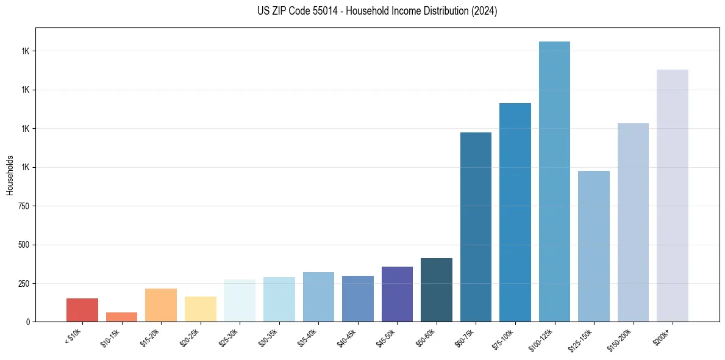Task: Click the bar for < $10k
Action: point(82,310)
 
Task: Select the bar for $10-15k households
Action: point(121,317)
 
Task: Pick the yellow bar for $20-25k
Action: point(200,309)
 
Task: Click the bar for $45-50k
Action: point(397,294)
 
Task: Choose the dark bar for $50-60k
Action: point(437,290)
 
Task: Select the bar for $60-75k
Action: point(476,227)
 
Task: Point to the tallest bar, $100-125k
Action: point(554,182)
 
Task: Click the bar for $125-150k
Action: point(594,246)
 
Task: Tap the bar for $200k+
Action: point(673,195)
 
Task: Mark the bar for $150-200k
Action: point(633,222)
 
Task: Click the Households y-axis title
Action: point(10,175)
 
